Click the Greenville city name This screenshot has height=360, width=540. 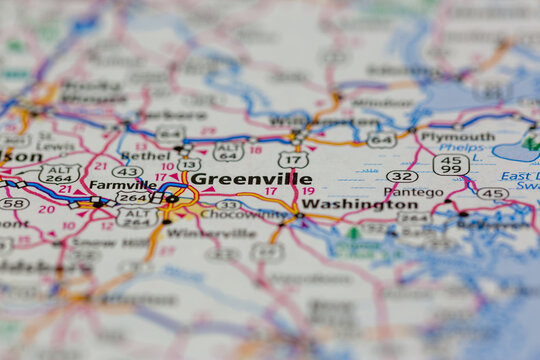[250, 179]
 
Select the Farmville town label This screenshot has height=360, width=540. [122, 184]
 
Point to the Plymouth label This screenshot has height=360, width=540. [457, 137]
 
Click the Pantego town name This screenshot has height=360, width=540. [413, 191]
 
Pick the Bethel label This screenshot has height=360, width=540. [148, 157]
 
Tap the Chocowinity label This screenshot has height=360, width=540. [244, 213]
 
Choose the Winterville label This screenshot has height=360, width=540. [224, 233]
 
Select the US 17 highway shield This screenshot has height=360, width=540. [293, 159]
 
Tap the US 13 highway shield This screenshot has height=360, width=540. [189, 164]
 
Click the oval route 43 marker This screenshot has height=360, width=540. [126, 172]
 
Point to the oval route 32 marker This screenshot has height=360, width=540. [402, 176]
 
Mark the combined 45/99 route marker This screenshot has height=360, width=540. [451, 164]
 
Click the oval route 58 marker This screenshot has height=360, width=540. [13, 203]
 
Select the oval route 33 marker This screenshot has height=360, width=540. [228, 204]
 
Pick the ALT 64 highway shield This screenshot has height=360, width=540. [228, 151]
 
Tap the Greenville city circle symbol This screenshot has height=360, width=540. [172, 199]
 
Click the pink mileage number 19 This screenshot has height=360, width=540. [307, 190]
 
